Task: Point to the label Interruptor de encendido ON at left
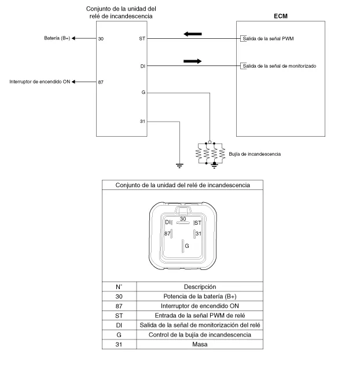[x=40, y=82]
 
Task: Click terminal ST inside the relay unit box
[x=142, y=39]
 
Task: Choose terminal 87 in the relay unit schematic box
[x=101, y=82]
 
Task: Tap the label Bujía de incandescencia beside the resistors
[x=255, y=154]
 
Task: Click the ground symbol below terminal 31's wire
[x=179, y=165]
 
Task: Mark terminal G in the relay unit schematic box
[x=143, y=93]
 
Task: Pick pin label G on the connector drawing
[x=186, y=246]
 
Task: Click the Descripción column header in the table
[x=200, y=286]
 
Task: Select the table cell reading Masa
[x=200, y=344]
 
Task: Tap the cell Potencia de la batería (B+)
[x=200, y=296]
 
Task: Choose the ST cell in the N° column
[x=119, y=315]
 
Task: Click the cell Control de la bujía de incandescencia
[x=200, y=334]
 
